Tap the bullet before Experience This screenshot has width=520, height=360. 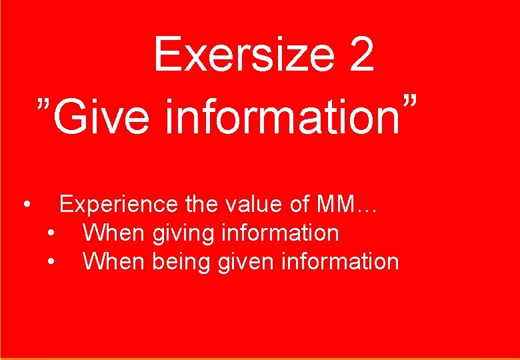click(x=25, y=203)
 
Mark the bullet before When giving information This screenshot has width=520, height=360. click(x=51, y=233)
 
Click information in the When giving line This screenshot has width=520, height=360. click(x=280, y=233)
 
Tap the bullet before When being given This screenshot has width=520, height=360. click(x=51, y=261)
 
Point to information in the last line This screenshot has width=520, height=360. click(x=340, y=261)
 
